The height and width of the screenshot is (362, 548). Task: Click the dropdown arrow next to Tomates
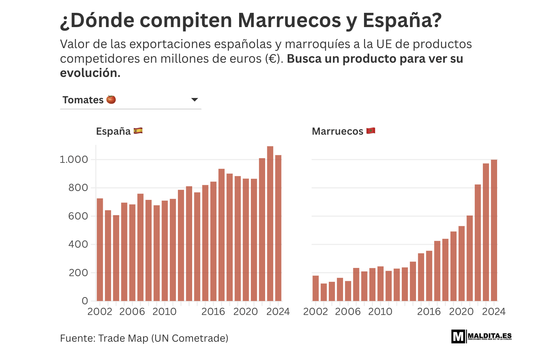coord(194,100)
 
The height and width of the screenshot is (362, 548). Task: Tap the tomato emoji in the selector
coord(111,99)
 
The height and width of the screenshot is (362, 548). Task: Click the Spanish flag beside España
coord(138,131)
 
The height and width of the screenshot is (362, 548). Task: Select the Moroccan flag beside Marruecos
coord(371,131)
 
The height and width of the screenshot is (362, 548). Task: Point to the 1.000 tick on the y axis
coord(74,160)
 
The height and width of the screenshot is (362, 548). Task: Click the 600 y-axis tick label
coord(78,216)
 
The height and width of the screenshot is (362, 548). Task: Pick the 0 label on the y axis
coord(85,301)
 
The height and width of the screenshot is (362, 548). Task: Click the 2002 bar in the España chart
coord(100,249)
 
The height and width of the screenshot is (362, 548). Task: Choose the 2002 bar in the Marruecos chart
coord(316,288)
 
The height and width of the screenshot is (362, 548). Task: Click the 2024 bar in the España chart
coord(278,228)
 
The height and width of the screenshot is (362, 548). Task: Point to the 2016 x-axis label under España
coord(213,312)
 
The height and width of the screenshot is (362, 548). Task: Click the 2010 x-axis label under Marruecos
coord(380,312)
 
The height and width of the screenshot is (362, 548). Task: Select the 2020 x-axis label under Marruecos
coord(461,312)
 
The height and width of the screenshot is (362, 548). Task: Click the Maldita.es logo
coord(481,336)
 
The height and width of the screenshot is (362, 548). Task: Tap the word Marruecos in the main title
coord(289,20)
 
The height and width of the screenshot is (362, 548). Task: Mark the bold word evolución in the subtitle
coord(90,73)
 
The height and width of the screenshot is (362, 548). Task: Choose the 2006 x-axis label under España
coord(132,312)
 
